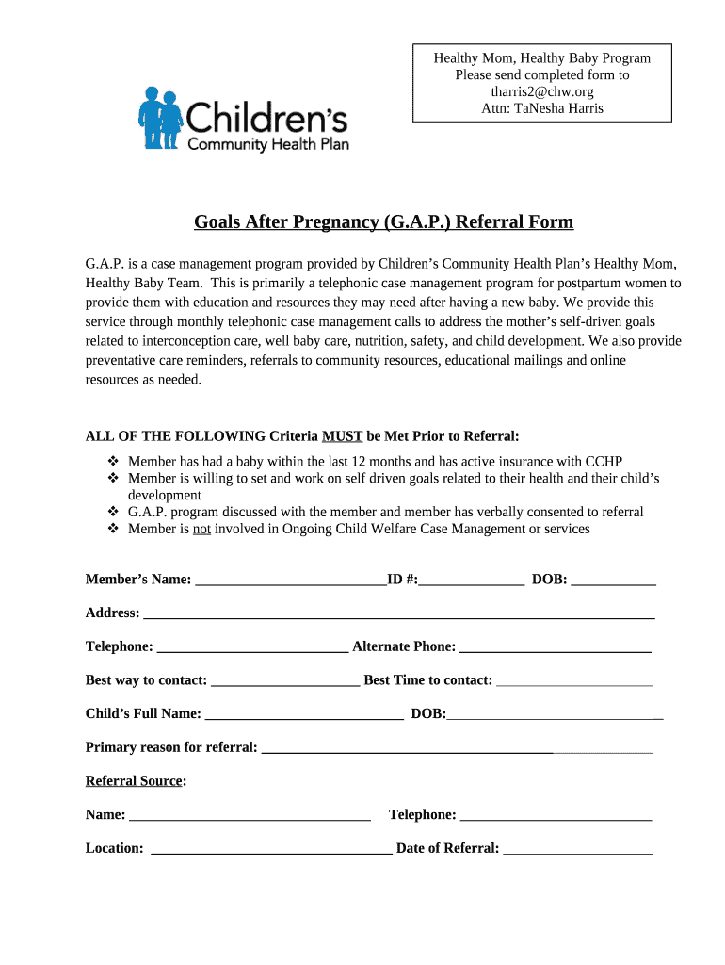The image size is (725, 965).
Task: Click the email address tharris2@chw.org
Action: [541, 91]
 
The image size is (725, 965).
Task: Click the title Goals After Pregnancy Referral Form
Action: [383, 222]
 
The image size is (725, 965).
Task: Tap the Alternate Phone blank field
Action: [556, 647]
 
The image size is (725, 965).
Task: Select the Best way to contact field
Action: [285, 681]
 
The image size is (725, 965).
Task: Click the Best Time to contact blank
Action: [573, 681]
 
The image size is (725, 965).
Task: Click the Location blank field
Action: [271, 849]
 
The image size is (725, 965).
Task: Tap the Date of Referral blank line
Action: [577, 849]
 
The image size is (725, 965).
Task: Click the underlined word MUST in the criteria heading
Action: [342, 436]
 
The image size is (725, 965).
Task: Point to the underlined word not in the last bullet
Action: [201, 529]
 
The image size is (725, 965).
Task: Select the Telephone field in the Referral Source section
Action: [556, 815]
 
